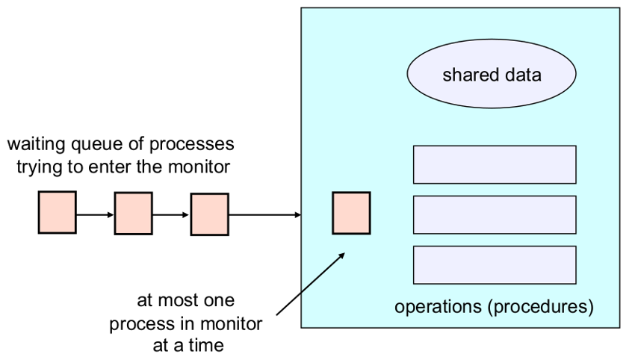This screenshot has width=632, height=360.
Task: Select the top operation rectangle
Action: point(494,164)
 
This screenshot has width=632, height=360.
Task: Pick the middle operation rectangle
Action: point(494,214)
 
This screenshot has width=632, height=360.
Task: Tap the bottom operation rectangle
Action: point(494,264)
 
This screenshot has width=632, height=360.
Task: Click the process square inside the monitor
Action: point(351,213)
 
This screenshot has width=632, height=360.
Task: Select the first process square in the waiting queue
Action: point(58,212)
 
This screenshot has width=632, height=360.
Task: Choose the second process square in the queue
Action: point(133,214)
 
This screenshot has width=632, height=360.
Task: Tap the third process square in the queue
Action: point(209,214)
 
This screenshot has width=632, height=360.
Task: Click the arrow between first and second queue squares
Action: point(95,215)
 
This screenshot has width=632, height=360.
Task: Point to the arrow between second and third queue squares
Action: point(171,215)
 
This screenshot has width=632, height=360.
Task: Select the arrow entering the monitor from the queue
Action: point(264,215)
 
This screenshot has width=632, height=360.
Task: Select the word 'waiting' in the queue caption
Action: point(36,143)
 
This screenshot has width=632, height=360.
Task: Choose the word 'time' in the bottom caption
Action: point(206,345)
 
